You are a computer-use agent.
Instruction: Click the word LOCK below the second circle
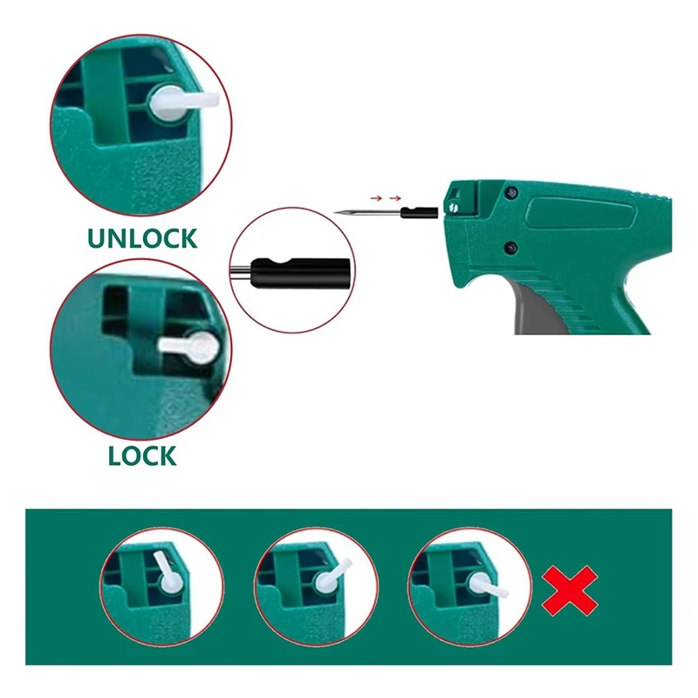pyautogui.click(x=142, y=455)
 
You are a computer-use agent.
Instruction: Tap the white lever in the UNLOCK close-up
pyautogui.click(x=179, y=104)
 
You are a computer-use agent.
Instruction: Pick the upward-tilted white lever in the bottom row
pyautogui.click(x=163, y=568)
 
